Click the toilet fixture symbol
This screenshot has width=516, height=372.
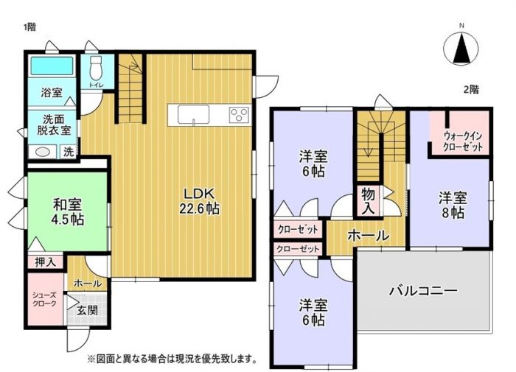[96, 68]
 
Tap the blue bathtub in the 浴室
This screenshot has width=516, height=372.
[52, 66]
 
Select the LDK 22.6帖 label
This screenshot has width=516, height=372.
[199, 201]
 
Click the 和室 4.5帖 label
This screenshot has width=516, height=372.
[68, 212]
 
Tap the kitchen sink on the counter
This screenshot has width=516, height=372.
[193, 115]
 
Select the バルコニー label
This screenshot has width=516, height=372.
[423, 291]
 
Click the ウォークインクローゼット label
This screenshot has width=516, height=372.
[463, 141]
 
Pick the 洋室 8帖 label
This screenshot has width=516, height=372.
[453, 206]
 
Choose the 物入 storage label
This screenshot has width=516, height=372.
[368, 202]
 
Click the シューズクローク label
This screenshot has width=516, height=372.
[44, 299]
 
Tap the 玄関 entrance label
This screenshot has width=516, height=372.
[87, 310]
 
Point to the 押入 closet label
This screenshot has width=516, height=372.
[45, 262]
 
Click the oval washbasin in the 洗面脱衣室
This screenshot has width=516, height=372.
[43, 152]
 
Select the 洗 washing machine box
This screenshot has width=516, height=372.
[69, 152]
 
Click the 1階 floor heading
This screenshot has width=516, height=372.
[29, 27]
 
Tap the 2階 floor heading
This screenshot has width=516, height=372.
[471, 89]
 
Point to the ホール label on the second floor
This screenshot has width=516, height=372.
[369, 236]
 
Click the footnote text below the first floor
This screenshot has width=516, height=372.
[172, 358]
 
